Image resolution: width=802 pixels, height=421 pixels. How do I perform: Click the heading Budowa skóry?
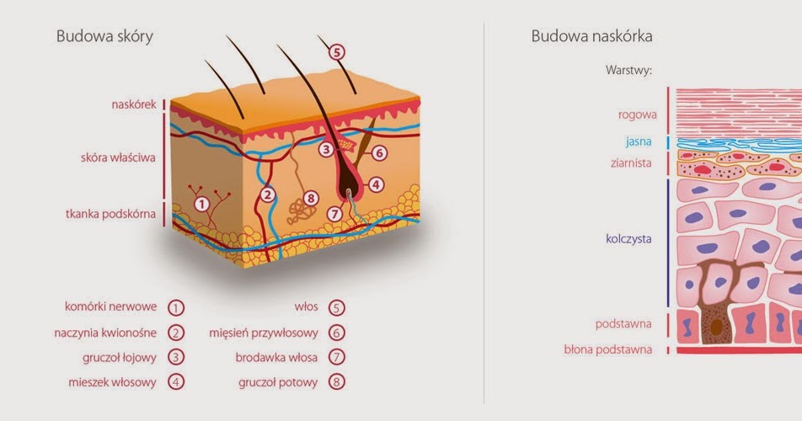tap(104, 36)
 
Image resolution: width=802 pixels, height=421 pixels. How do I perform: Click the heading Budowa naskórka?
tap(591, 36)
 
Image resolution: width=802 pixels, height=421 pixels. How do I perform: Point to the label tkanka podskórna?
tap(110, 214)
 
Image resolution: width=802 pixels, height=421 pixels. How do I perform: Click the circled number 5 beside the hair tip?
tap(336, 51)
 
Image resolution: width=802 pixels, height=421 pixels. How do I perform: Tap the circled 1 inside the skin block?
tap(201, 203)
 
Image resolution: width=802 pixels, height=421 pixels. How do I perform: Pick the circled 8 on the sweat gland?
tap(311, 199)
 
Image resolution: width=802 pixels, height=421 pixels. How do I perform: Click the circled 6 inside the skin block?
tap(378, 153)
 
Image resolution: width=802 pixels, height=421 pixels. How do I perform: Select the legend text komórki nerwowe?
tap(110, 306)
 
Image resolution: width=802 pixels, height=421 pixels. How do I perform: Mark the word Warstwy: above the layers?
tap(628, 70)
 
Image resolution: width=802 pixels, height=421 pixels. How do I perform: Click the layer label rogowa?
tap(637, 115)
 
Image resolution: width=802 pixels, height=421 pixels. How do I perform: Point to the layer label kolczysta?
tap(628, 239)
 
